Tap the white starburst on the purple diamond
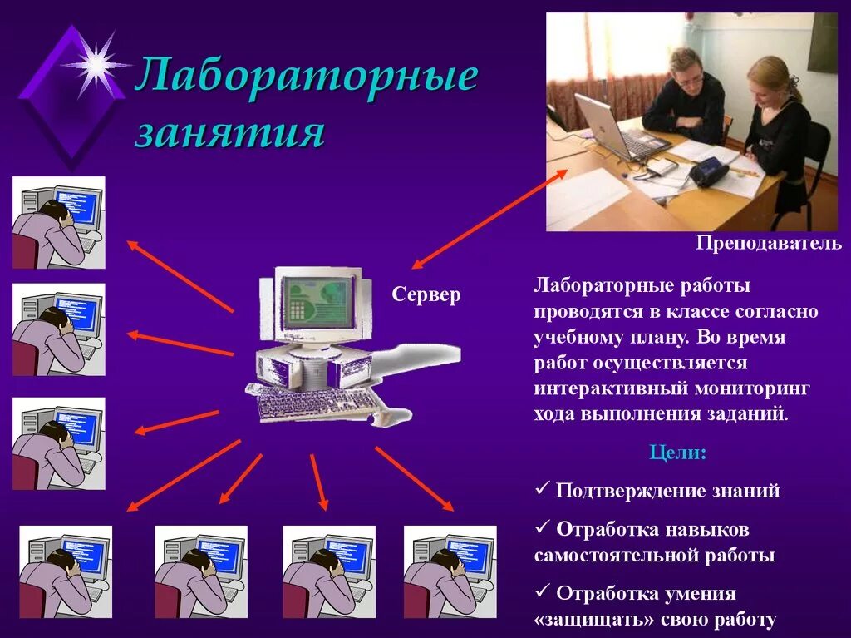coord(96,63)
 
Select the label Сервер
coord(426,295)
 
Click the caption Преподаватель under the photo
coord(769,244)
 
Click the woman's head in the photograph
coord(771,79)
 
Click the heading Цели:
coord(677,454)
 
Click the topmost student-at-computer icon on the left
coord(58,222)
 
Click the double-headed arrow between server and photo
coord(490,218)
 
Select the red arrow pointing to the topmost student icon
coord(180,276)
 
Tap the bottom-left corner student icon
coord(66,571)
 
